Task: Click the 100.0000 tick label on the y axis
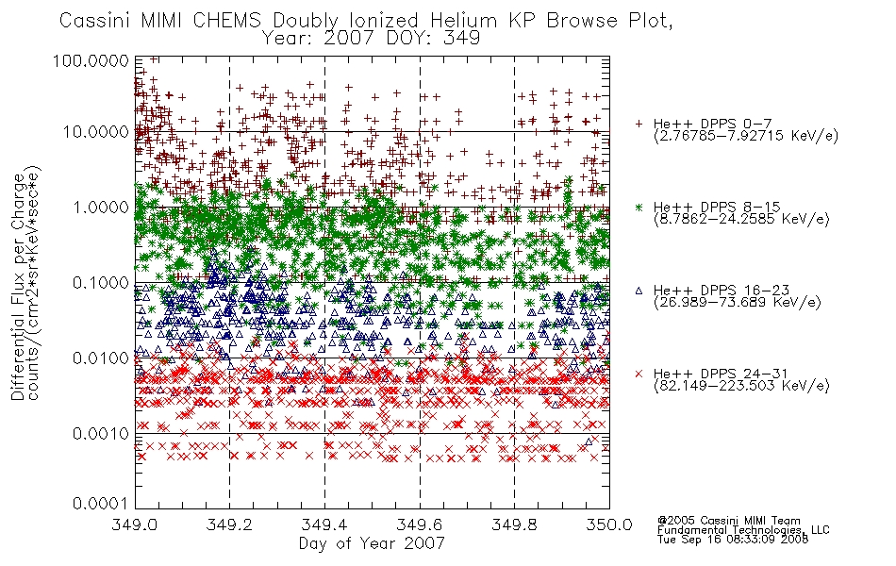click(x=91, y=60)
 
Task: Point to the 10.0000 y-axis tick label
click(x=95, y=132)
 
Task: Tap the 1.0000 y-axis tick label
click(x=101, y=207)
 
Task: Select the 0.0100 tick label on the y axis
click(x=101, y=358)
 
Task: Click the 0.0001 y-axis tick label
click(x=101, y=504)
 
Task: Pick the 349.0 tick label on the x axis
click(x=134, y=524)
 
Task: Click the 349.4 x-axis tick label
click(x=324, y=524)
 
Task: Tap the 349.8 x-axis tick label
click(x=515, y=524)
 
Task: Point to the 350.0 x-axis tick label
click(x=609, y=524)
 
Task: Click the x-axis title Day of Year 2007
click(x=372, y=543)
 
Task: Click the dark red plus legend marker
click(x=639, y=124)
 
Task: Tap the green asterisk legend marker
click(x=639, y=207)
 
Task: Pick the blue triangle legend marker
click(x=639, y=291)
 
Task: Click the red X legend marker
click(x=639, y=374)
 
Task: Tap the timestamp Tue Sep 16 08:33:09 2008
click(x=733, y=540)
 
